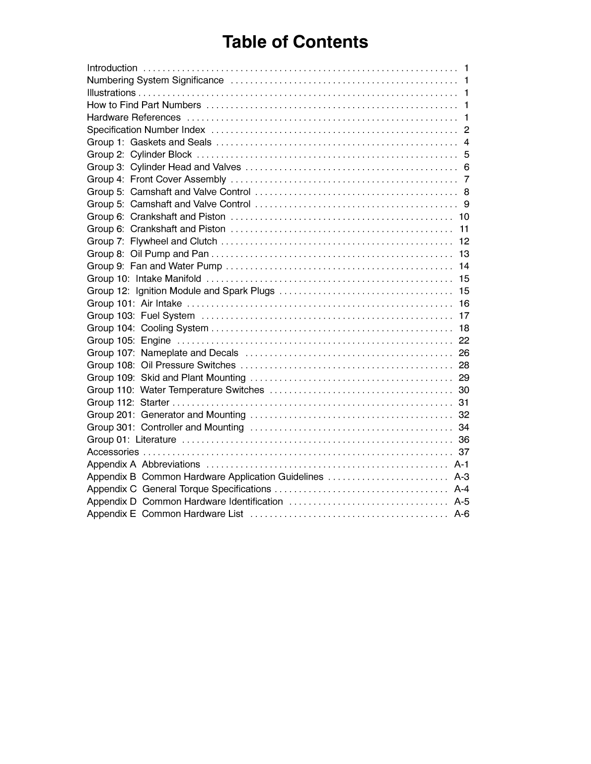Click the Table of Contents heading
click(295, 42)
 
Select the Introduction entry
click(112, 68)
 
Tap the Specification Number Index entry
click(146, 130)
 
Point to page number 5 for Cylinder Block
click(466, 155)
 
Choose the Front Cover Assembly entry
click(178, 180)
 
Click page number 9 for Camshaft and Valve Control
click(466, 204)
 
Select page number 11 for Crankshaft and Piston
click(464, 229)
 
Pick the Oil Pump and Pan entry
click(169, 254)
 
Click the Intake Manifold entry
click(168, 279)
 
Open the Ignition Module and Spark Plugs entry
click(205, 291)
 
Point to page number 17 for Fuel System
click(464, 316)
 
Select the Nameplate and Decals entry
click(189, 353)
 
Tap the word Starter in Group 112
click(154, 403)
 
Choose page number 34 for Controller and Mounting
click(464, 428)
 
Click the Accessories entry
click(113, 452)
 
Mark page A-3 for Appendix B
click(461, 477)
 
